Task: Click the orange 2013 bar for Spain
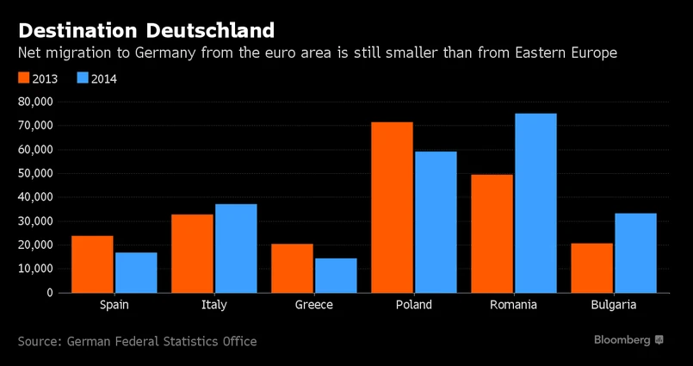pyautogui.click(x=92, y=264)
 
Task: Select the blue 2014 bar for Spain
pyautogui.click(x=136, y=272)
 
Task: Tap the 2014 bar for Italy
pyautogui.click(x=236, y=248)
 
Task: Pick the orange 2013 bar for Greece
pyautogui.click(x=292, y=268)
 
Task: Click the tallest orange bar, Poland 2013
pyautogui.click(x=392, y=207)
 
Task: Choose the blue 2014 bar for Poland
pyautogui.click(x=436, y=221)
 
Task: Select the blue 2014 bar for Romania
pyautogui.click(x=535, y=202)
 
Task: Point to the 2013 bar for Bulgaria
pyautogui.click(x=591, y=268)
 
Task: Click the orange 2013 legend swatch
pyautogui.click(x=24, y=78)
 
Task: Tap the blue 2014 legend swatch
pyautogui.click(x=83, y=78)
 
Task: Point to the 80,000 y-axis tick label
pyautogui.click(x=34, y=102)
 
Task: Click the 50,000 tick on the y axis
pyautogui.click(x=34, y=173)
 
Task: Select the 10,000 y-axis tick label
pyautogui.click(x=34, y=269)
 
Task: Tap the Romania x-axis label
pyautogui.click(x=514, y=305)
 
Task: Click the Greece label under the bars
pyautogui.click(x=314, y=305)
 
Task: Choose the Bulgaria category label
pyautogui.click(x=614, y=305)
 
